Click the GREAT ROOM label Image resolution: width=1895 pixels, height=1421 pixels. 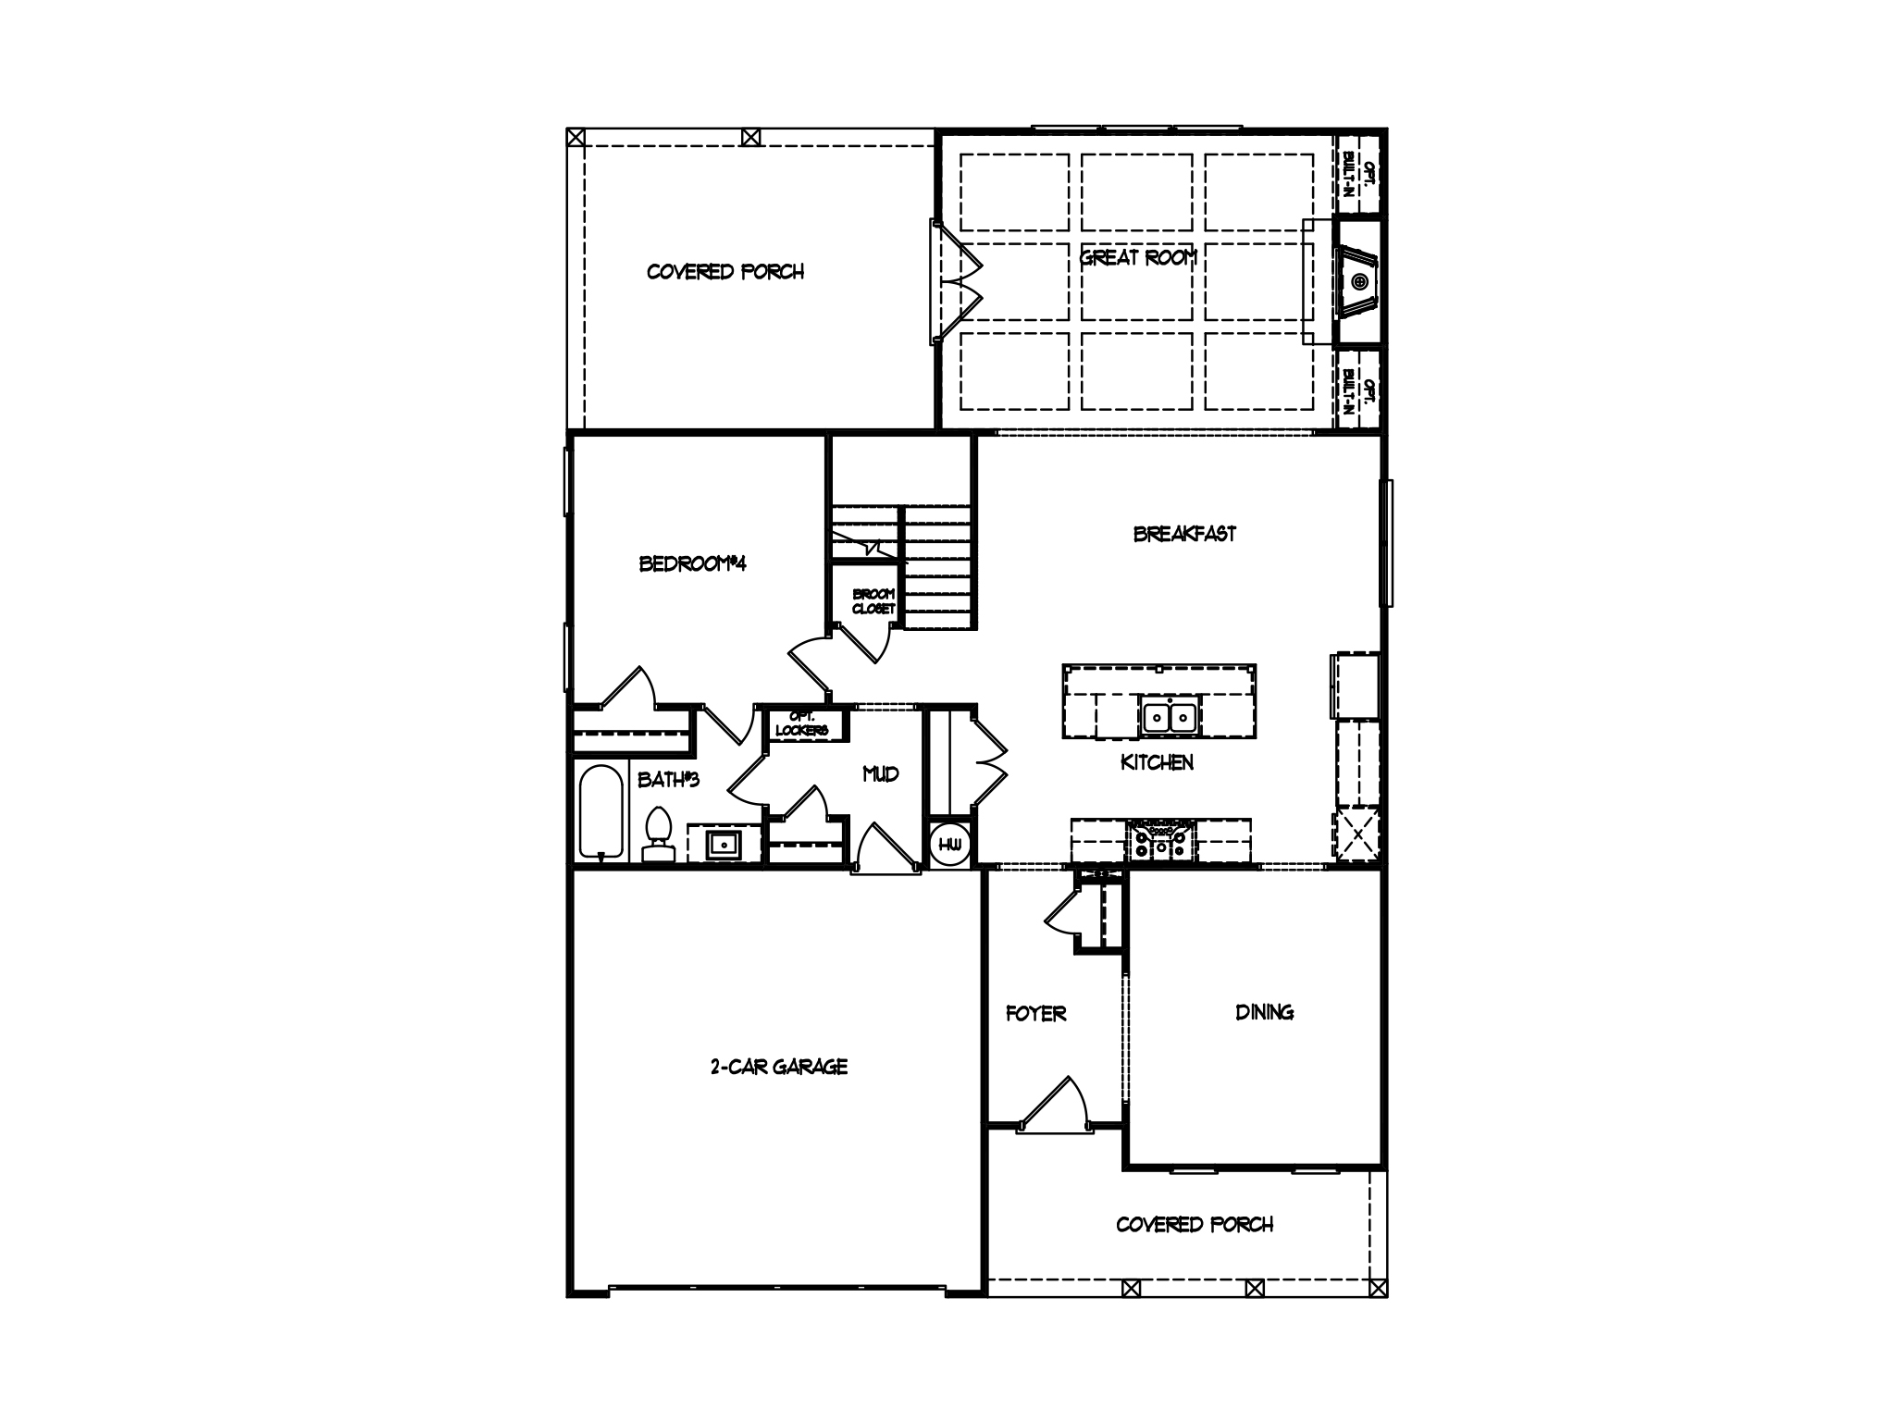point(1138,258)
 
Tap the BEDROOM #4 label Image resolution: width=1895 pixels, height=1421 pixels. point(692,563)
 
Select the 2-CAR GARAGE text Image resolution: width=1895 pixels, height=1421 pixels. point(778,1067)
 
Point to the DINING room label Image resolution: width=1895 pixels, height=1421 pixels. point(1264,1012)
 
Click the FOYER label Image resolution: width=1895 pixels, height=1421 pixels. point(1035,1014)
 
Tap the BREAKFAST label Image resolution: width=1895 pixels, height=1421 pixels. point(1184,534)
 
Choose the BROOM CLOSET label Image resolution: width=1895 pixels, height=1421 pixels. point(873,601)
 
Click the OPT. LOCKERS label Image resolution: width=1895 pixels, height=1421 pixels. point(801,723)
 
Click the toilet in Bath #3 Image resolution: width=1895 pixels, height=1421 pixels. point(658,834)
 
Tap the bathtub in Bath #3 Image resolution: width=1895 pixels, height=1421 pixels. point(601,811)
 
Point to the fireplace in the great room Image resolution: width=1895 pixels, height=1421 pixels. point(1358,281)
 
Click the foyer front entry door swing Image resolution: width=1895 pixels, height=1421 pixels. point(1055,1106)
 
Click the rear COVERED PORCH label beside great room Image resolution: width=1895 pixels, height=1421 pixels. point(725,272)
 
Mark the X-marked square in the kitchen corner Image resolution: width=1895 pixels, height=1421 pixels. point(1357,834)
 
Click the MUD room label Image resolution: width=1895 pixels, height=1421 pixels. point(880,774)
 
